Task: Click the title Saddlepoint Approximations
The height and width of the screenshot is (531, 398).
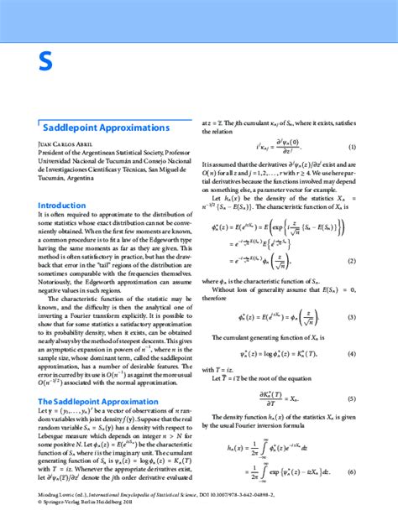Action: point(106,128)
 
